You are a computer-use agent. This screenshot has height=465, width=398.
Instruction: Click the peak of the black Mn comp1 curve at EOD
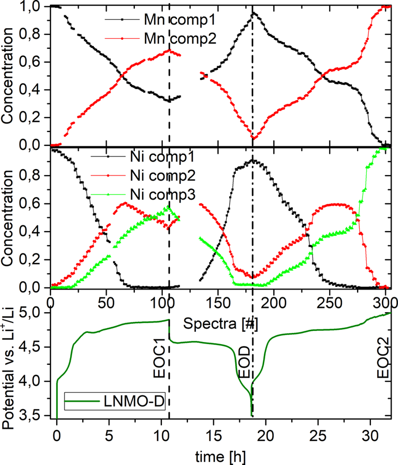coord(253,13)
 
